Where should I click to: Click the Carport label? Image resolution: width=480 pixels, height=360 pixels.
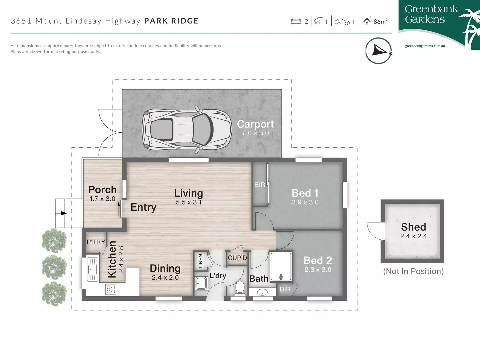pos(255,124)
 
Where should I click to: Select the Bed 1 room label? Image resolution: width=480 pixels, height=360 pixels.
pos(305,193)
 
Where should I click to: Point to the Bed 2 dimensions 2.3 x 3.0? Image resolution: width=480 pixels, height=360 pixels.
pos(318,270)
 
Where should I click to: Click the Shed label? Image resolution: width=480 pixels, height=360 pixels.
pos(413,227)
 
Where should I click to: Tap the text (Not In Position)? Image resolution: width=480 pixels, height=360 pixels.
pos(413,271)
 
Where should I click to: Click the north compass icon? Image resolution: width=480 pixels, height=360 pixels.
pos(379,51)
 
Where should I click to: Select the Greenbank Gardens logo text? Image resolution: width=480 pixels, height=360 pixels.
pos(431,14)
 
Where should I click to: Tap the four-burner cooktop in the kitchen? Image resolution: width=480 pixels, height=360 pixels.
pos(111,289)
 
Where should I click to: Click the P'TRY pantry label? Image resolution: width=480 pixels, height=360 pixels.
pos(96,242)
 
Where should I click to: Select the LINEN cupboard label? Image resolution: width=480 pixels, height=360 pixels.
pos(200,261)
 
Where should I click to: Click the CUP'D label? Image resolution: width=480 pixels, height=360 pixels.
pos(237,258)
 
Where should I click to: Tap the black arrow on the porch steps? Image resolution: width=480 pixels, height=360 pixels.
pos(63,213)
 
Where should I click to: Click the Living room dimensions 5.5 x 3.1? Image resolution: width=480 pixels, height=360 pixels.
pos(189,202)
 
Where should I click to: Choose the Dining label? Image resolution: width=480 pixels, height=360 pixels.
pos(165,268)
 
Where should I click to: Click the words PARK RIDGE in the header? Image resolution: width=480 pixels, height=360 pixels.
pos(171,21)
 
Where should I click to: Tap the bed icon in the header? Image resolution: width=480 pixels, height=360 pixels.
pos(296,22)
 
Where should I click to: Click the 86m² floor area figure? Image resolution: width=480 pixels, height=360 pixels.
pos(380,22)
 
